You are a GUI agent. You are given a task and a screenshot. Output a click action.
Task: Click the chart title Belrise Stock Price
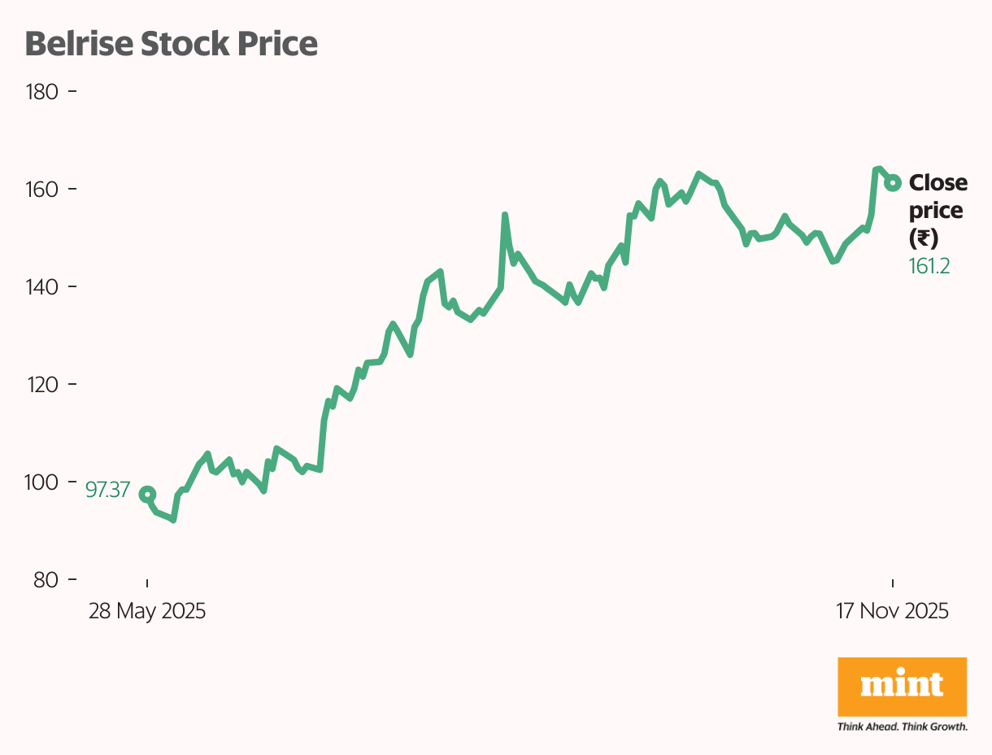171,44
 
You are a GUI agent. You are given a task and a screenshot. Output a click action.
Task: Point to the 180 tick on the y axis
42,91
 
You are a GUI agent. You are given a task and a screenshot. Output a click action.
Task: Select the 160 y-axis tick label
42,189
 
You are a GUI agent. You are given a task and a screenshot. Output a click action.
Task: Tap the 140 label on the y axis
42,286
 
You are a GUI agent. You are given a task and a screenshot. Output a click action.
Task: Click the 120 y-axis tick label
42,384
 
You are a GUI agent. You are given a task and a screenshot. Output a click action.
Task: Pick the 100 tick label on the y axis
42,482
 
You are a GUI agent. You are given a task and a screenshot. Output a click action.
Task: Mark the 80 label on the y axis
46,579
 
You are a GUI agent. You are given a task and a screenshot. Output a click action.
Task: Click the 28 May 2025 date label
147,611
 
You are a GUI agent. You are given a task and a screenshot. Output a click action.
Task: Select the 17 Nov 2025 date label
892,611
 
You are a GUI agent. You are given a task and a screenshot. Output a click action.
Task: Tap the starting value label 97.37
107,490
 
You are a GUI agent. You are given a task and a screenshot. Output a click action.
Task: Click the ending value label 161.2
929,266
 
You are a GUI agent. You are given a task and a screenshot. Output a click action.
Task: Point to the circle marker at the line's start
147,494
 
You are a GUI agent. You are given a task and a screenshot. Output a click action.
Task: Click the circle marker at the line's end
893,182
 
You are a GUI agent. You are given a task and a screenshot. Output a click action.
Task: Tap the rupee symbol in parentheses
924,238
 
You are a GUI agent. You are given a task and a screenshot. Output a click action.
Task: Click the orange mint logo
902,685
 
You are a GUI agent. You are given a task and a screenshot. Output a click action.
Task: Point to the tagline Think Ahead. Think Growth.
902,726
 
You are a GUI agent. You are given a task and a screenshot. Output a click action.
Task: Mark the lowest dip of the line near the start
173,519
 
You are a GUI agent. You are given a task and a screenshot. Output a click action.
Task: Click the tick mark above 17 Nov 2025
893,583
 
